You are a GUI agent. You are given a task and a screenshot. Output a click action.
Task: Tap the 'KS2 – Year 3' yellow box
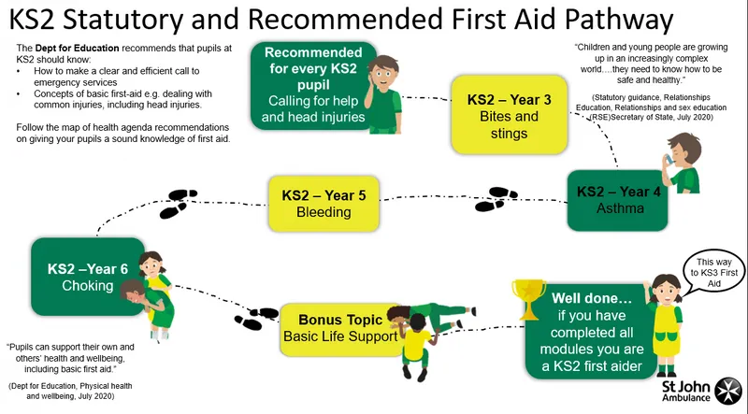(509, 115)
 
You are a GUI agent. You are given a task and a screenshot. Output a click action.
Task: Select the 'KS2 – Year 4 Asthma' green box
(617, 200)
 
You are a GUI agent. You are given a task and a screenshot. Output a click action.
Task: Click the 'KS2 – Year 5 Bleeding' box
(324, 204)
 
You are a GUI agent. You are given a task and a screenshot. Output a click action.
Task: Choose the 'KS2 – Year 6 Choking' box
(88, 277)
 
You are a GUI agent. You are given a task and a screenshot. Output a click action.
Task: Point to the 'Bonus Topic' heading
(340, 320)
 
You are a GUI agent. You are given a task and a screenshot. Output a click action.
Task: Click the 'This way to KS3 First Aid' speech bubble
(713, 272)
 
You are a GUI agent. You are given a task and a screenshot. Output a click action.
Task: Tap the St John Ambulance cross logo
(728, 390)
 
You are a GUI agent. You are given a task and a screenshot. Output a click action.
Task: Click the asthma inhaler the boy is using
(669, 160)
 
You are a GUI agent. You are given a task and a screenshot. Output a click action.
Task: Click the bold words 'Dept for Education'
(78, 49)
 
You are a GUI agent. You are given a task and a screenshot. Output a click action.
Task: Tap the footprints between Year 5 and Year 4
(496, 199)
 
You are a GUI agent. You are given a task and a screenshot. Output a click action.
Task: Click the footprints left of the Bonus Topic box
(256, 319)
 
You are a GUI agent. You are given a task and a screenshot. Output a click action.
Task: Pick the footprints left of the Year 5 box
(178, 204)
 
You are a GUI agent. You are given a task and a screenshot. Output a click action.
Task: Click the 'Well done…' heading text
(591, 298)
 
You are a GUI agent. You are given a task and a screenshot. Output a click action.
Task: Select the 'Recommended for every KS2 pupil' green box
(313, 85)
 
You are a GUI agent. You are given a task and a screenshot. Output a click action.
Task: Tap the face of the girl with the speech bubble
(664, 289)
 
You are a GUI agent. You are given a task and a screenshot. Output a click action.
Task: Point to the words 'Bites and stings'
(509, 124)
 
